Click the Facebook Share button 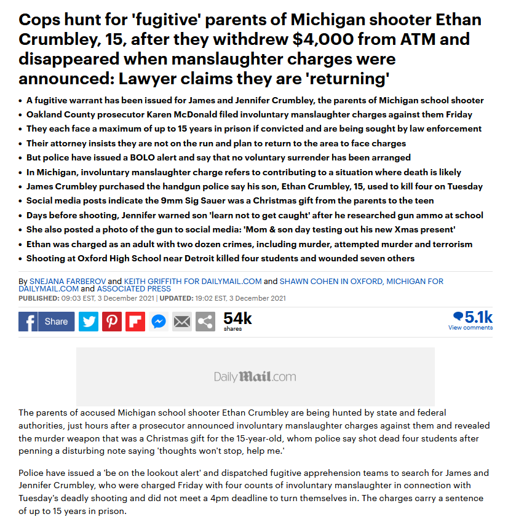[x=47, y=322]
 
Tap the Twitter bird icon [x=89, y=322]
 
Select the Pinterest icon [x=112, y=322]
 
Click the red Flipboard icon [x=135, y=322]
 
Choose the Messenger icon [x=159, y=322]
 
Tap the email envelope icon [x=182, y=322]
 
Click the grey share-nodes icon [x=205, y=322]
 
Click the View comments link [x=470, y=328]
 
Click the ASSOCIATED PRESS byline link [x=135, y=289]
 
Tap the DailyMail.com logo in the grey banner [x=255, y=376]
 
